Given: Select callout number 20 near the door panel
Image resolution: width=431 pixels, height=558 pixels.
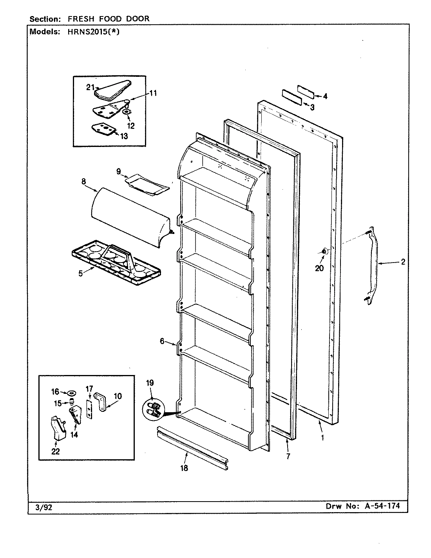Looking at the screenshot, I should pos(319,268).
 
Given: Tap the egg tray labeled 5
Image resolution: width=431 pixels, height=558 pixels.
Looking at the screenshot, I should pos(116,262).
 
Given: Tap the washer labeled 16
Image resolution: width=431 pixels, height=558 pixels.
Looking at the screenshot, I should pos(72,393).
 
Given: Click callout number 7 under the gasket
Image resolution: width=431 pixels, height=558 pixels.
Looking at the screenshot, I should pos(288,456).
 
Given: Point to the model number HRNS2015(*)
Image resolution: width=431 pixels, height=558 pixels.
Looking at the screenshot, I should pos(89,33).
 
